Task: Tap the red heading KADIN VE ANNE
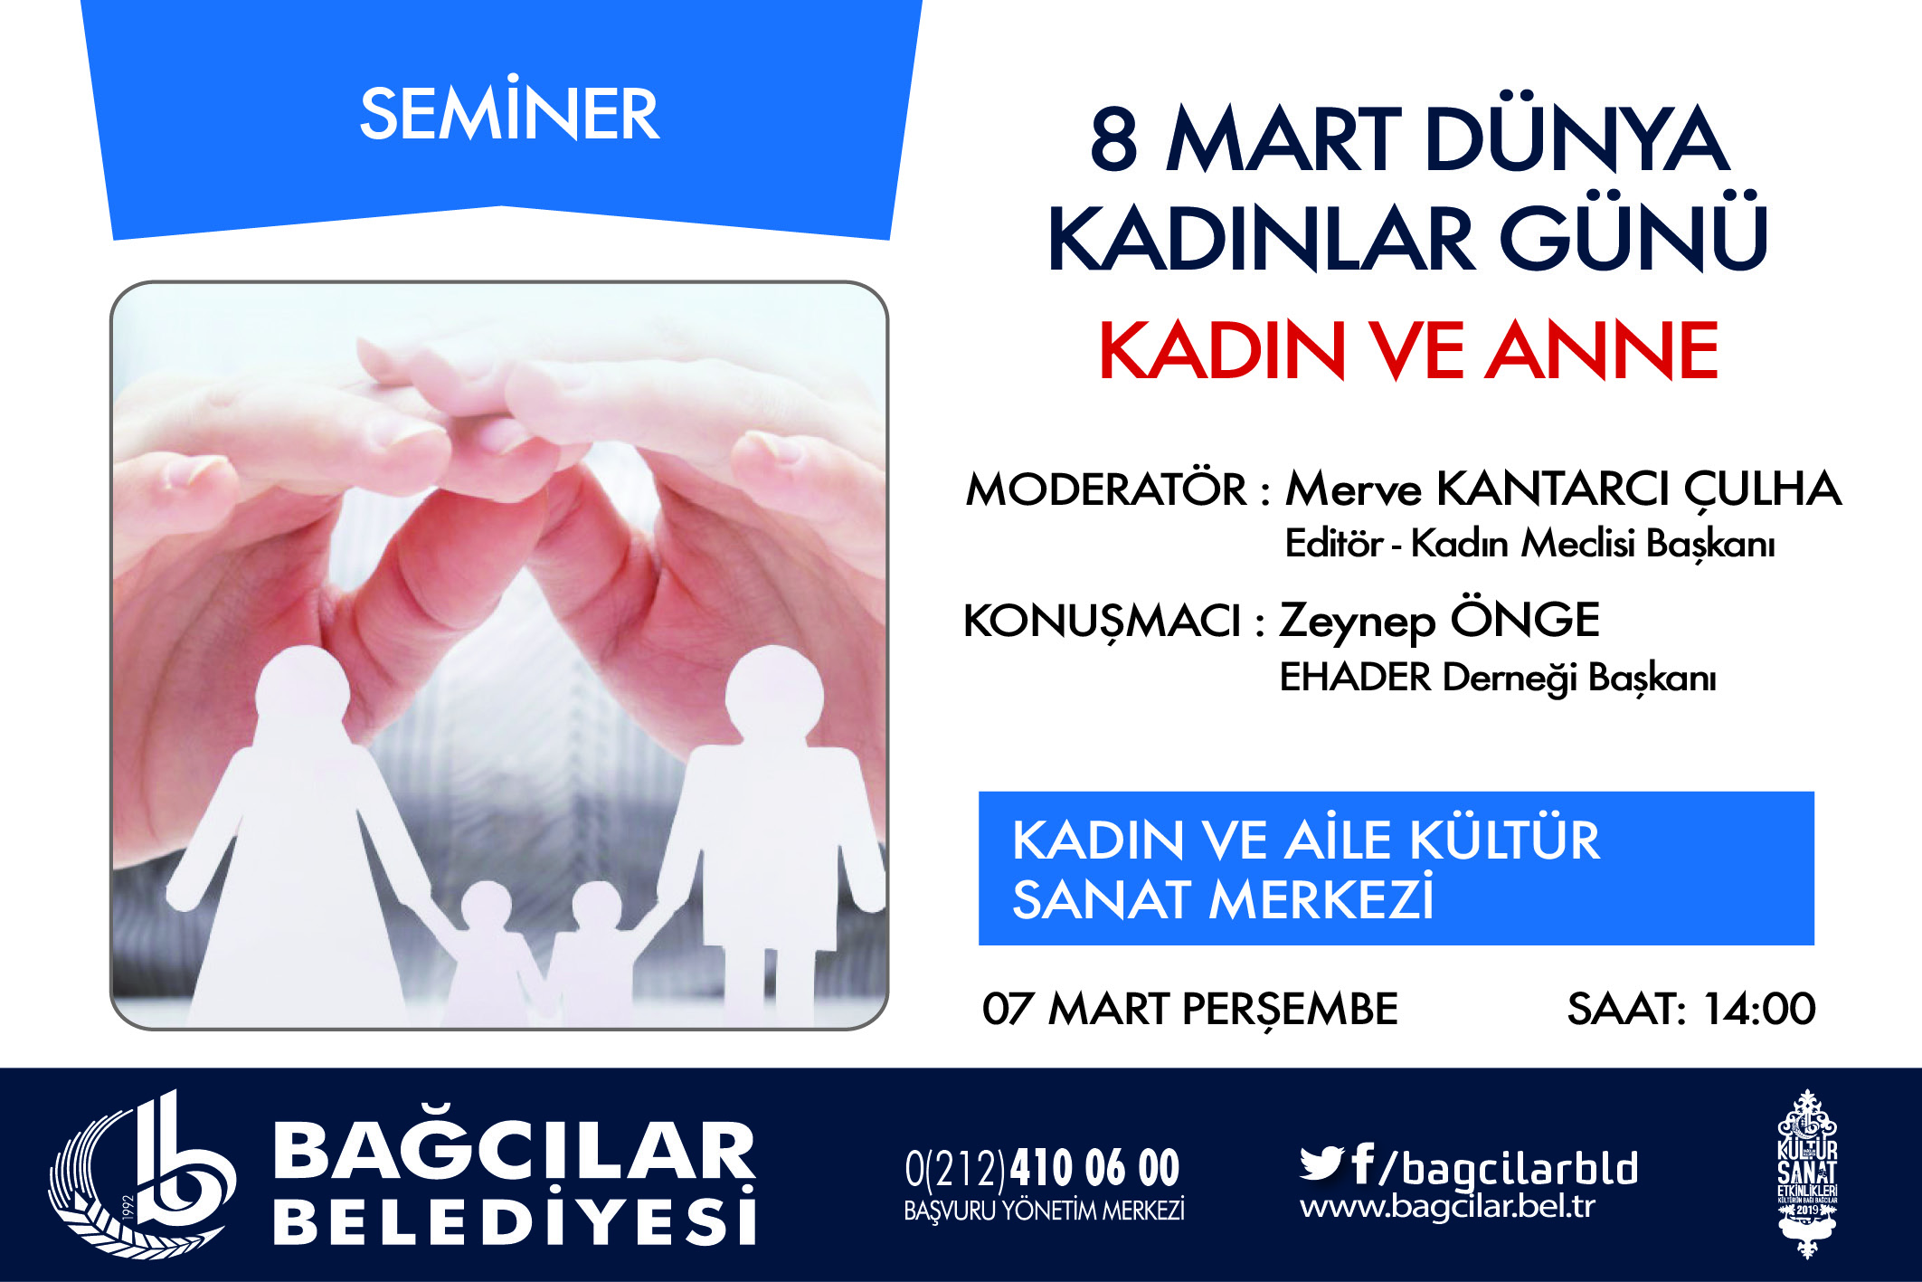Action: (1408, 350)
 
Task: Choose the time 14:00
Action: (1759, 1009)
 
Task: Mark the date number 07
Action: (1008, 1009)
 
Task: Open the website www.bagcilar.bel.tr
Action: (1447, 1207)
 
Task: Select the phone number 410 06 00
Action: (1094, 1168)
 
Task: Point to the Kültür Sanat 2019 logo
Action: (1807, 1173)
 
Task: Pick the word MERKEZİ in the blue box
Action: (1321, 898)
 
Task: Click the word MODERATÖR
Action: (1105, 490)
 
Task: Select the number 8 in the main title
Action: (1113, 139)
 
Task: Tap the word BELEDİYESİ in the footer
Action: (514, 1218)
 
